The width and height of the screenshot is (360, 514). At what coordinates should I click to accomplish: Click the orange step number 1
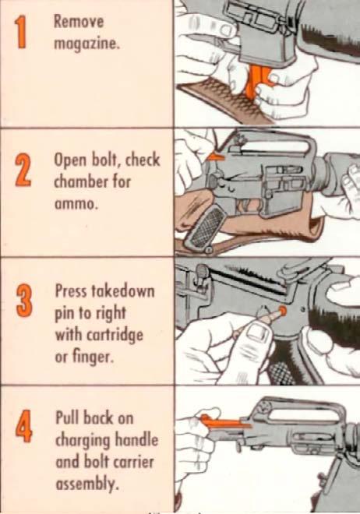point(21,33)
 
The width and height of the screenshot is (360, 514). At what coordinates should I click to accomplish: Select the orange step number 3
point(23,301)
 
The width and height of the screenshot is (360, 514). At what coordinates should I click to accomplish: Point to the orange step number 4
point(24,426)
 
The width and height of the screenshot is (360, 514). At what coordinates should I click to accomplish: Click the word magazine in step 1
point(86,44)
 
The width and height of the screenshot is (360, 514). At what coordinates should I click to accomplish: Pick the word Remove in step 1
point(79,22)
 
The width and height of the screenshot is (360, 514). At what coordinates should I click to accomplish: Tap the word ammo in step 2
point(75,204)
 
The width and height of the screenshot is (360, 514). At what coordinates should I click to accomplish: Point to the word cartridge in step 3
point(115,336)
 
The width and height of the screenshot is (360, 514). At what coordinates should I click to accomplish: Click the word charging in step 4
point(82,441)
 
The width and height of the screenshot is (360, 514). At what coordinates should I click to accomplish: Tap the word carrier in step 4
point(132,462)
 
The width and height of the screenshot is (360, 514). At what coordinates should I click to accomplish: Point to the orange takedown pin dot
point(282,310)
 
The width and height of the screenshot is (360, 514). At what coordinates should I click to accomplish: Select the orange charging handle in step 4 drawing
point(224,423)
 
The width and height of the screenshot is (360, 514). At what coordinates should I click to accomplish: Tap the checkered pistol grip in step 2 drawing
point(202,228)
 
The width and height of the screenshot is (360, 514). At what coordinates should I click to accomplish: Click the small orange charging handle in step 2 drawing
point(216,157)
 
